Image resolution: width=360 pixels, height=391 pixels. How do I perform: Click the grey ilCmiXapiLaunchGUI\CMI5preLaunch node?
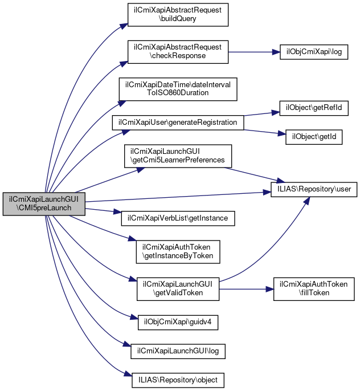coord(44,203)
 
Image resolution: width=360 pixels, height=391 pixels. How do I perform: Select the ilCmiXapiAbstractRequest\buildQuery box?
coord(178,14)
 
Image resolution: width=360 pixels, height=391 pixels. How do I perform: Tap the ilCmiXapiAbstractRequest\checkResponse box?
coord(178,52)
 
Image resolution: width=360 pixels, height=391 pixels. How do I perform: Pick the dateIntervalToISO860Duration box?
coord(178,88)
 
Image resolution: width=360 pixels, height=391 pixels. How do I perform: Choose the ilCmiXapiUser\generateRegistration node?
coord(178,123)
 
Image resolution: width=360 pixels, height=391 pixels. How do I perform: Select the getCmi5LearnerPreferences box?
coord(178,156)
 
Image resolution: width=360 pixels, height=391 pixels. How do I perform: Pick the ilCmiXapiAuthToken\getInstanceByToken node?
coord(178,251)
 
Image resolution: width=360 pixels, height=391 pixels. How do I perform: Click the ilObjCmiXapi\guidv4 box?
coord(170,322)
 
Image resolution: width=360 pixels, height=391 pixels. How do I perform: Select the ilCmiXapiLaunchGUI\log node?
coord(178,351)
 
